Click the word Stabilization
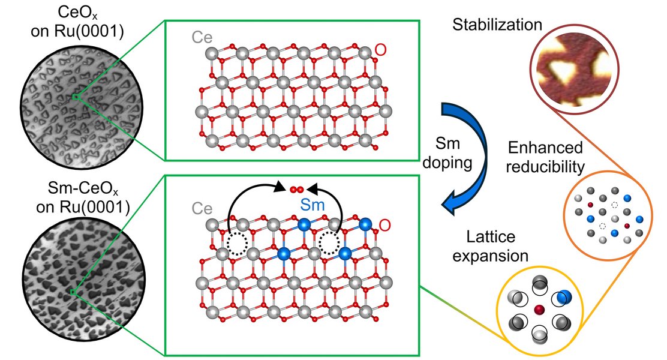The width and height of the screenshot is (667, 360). click(x=497, y=25)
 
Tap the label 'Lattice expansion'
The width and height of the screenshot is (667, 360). click(x=491, y=246)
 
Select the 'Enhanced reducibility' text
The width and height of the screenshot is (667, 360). click(x=545, y=157)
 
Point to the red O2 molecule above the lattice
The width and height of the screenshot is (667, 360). click(x=296, y=190)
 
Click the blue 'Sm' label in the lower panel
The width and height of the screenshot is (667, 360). click(x=313, y=205)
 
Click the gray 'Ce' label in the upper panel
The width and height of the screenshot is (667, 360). click(x=202, y=37)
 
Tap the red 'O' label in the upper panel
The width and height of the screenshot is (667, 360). click(x=380, y=50)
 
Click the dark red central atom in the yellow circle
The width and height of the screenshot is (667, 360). click(x=539, y=309)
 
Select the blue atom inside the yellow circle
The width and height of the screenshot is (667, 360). click(x=564, y=297)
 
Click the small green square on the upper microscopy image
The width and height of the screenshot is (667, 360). click(x=76, y=97)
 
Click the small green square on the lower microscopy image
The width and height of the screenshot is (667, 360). click(x=73, y=292)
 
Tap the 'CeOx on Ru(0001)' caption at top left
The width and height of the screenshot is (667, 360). click(x=77, y=22)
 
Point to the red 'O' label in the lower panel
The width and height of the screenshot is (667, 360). click(x=384, y=225)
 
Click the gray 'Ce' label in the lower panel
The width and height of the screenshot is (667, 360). click(x=202, y=209)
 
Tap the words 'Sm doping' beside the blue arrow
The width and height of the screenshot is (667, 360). click(x=447, y=153)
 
